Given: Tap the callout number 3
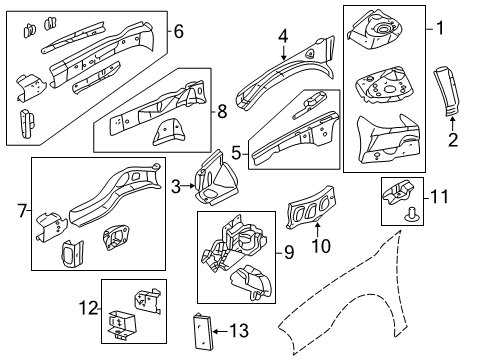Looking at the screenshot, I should [176, 186].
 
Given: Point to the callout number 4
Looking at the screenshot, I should [283, 37].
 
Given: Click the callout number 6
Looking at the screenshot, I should [178, 31].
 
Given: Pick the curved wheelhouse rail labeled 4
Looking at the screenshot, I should [285, 73].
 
